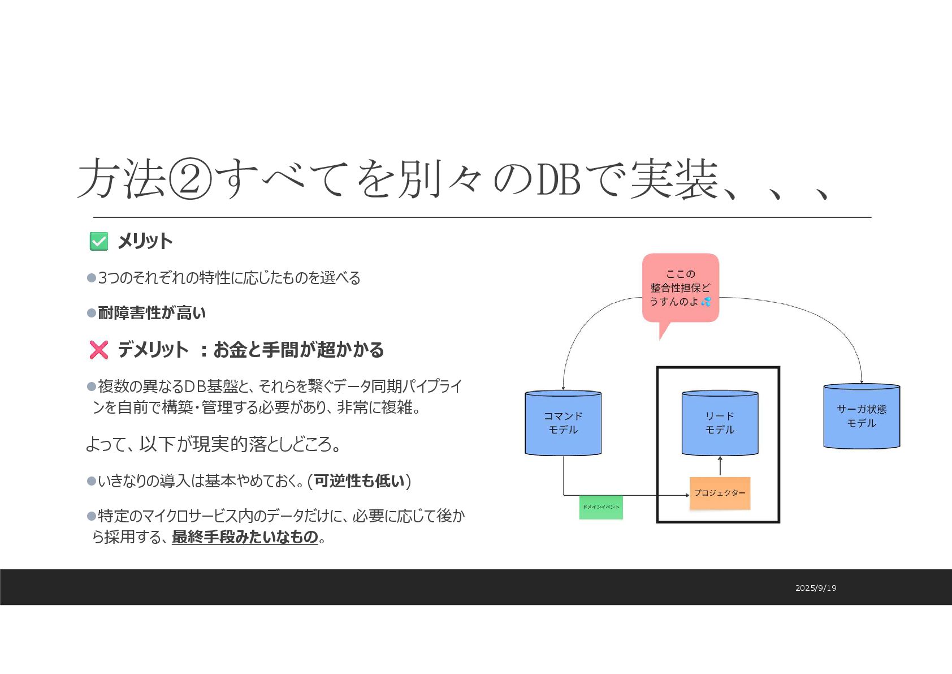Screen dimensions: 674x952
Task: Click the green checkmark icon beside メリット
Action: (99, 242)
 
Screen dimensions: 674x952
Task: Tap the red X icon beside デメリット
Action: (99, 350)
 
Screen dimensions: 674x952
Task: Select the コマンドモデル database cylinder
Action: (563, 423)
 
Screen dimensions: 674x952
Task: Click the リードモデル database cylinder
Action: (720, 423)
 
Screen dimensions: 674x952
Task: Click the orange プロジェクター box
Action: (720, 493)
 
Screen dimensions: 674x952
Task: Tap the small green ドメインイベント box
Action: (601, 507)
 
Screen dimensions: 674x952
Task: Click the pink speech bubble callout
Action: (680, 288)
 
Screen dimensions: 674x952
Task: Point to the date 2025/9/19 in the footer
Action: (815, 588)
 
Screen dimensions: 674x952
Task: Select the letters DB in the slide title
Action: (559, 179)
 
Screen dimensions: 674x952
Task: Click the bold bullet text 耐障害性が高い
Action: (152, 313)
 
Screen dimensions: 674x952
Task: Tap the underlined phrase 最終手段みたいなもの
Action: (245, 536)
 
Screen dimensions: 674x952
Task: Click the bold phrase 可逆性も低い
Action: (360, 480)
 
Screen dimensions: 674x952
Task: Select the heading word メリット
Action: (145, 242)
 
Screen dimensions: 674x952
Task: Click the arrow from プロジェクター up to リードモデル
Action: (720, 466)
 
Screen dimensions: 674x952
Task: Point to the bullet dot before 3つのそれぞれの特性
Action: (92, 278)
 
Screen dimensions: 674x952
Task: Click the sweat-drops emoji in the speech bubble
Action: (706, 302)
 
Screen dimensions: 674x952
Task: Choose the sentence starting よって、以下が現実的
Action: (213, 444)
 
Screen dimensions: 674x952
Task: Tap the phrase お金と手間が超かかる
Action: (298, 350)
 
